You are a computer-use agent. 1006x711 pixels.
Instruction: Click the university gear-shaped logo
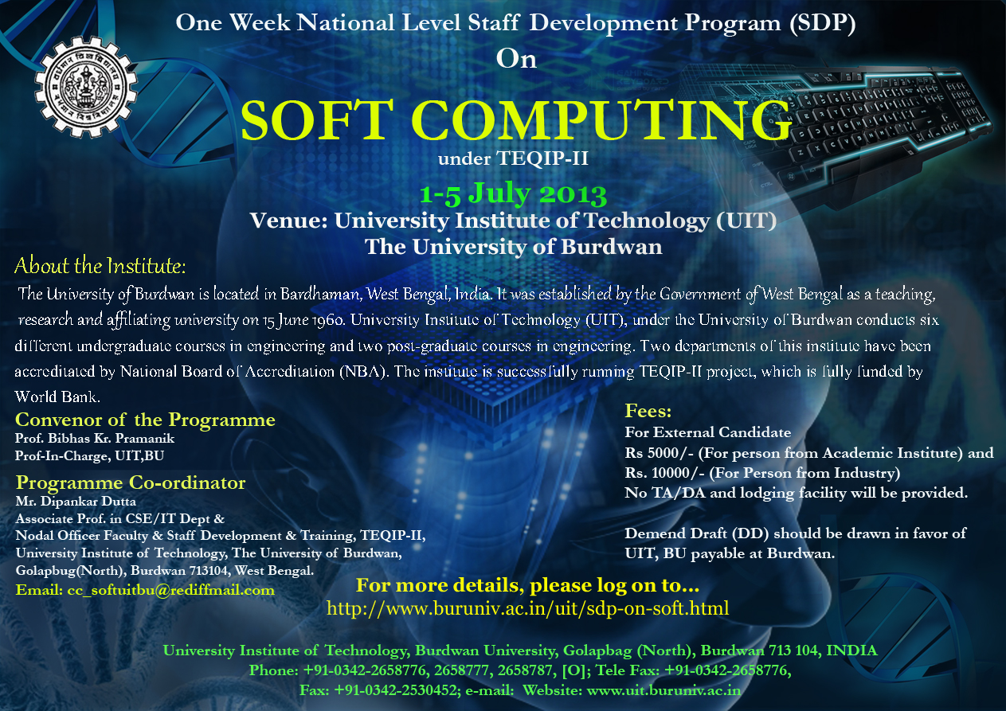click(x=86, y=87)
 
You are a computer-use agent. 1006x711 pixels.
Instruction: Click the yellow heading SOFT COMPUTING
click(x=516, y=120)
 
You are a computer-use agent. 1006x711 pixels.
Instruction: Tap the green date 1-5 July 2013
click(x=513, y=194)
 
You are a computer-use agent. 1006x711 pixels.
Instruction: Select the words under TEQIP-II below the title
click(x=513, y=158)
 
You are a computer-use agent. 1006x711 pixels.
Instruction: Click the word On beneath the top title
click(x=516, y=59)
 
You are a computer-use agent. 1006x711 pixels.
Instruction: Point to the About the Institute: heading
click(x=100, y=266)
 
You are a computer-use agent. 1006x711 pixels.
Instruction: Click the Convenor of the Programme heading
click(x=145, y=420)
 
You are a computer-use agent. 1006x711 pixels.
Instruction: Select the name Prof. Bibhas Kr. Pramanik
click(x=95, y=439)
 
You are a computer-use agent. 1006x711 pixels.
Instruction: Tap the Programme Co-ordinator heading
click(x=131, y=483)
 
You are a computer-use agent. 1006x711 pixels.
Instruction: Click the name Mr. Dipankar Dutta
click(x=76, y=501)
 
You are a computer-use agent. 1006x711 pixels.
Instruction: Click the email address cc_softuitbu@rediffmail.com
click(x=170, y=590)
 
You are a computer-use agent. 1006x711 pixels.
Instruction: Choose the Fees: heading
click(x=648, y=411)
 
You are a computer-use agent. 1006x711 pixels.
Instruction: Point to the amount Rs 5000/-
click(x=659, y=453)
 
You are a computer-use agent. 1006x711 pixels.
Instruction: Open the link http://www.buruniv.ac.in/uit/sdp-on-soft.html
click(x=528, y=608)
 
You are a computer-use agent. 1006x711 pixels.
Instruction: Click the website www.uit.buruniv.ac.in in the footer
click(x=663, y=690)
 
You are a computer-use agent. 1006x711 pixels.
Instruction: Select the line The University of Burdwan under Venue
click(x=513, y=247)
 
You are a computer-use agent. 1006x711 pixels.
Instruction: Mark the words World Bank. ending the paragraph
click(x=57, y=397)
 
